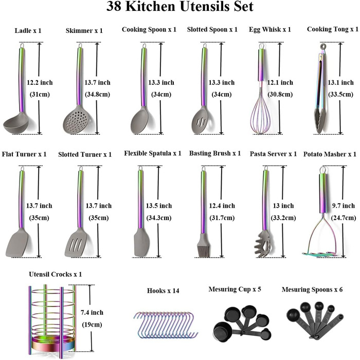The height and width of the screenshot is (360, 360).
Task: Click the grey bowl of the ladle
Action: [x=15, y=125]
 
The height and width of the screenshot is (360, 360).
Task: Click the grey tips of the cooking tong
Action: [x=319, y=123]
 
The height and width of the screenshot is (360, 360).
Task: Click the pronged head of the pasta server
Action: [x=264, y=244]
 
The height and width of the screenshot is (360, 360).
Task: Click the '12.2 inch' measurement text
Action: [x=40, y=82]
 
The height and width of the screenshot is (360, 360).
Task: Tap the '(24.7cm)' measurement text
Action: [x=344, y=218]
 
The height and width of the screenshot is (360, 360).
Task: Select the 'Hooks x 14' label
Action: [x=163, y=291]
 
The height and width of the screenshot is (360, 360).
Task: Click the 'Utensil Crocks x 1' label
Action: [x=56, y=274]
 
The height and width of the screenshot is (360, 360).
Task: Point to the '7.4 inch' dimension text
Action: [x=92, y=312]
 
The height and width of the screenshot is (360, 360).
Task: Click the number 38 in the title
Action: [x=114, y=6]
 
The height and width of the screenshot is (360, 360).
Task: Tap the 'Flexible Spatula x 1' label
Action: [x=153, y=153]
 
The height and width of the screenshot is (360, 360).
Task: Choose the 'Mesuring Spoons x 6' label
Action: [x=312, y=289]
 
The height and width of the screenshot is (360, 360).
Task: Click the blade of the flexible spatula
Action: [x=141, y=243]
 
